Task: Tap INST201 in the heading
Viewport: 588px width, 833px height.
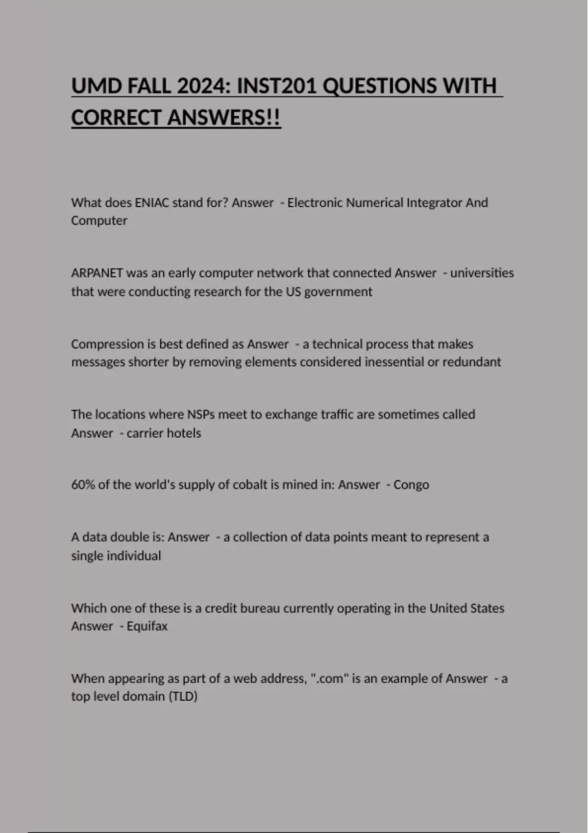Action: [x=276, y=86]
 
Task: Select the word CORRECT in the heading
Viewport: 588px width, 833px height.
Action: [x=116, y=118]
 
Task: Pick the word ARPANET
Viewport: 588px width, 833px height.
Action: [x=97, y=273]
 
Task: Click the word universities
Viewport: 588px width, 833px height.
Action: [x=482, y=273]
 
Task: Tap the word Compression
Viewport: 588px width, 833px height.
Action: [x=107, y=344]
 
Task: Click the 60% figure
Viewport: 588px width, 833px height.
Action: [x=83, y=485]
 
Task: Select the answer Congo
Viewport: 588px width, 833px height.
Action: [x=411, y=485]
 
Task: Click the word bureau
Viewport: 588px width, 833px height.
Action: [x=253, y=608]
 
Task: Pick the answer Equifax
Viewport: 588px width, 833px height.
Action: [x=147, y=626]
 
